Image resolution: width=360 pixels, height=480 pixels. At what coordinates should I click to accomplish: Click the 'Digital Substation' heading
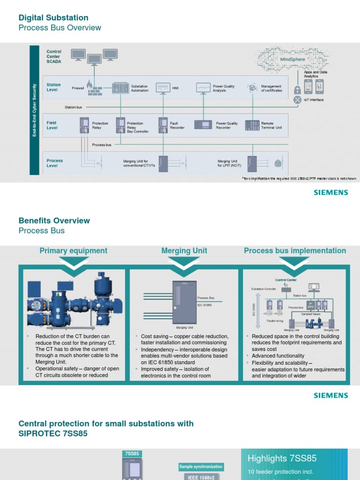53,18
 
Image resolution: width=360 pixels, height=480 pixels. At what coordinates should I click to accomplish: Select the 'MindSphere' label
292,60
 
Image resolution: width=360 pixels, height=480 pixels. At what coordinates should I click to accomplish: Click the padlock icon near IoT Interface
297,90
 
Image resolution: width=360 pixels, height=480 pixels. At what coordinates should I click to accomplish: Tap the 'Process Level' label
54,163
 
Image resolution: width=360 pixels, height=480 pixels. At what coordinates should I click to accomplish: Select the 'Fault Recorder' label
177,126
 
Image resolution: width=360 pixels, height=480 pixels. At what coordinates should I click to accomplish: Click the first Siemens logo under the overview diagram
331,193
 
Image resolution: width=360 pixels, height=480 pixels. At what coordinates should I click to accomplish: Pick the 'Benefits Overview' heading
54,221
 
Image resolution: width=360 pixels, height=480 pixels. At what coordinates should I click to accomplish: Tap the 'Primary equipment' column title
74,251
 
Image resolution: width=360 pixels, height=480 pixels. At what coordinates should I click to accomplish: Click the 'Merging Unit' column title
184,251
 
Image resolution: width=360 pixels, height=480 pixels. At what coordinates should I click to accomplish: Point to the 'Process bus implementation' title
295,251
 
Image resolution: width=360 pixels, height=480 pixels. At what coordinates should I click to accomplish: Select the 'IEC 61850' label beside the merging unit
204,305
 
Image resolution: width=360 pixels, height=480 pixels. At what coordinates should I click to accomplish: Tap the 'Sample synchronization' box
201,467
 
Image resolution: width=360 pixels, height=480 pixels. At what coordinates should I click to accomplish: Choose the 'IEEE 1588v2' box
201,477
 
